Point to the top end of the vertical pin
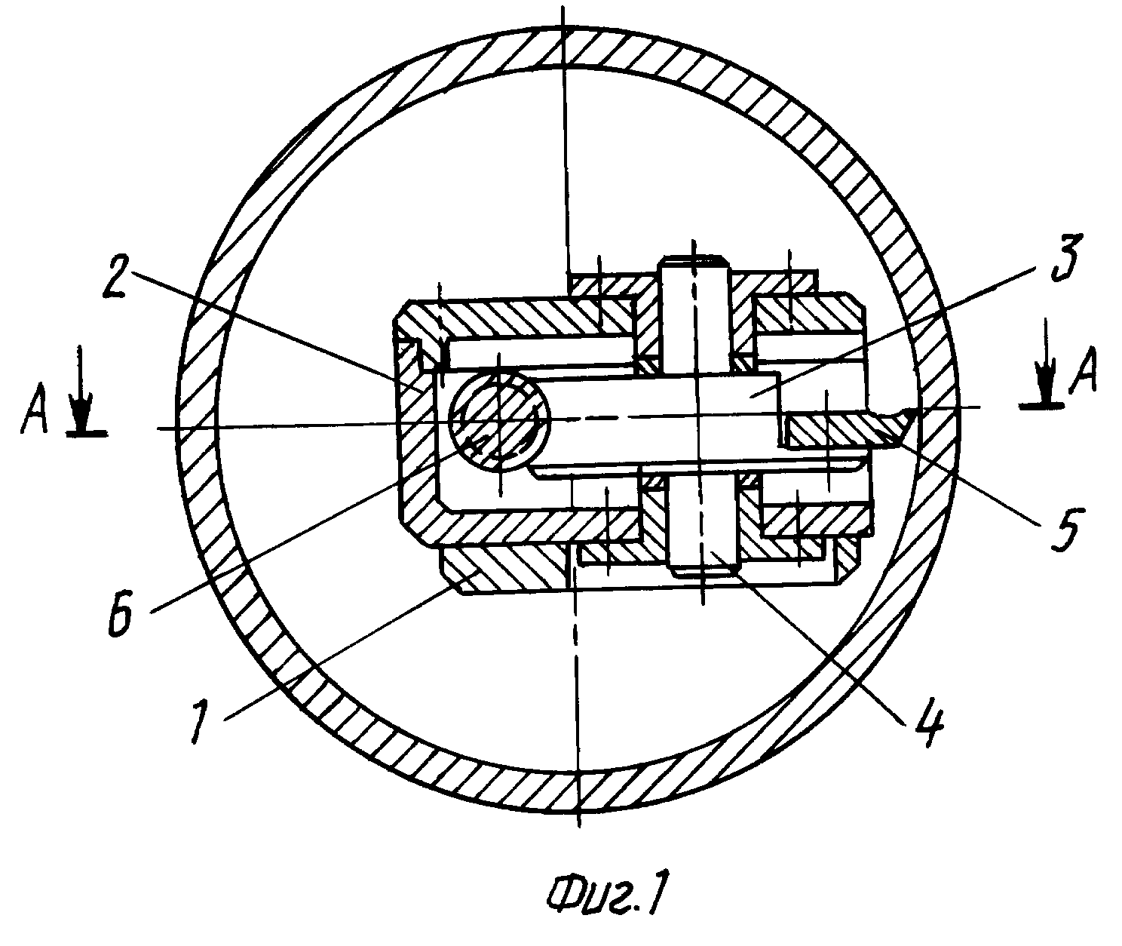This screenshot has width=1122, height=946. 694,258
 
